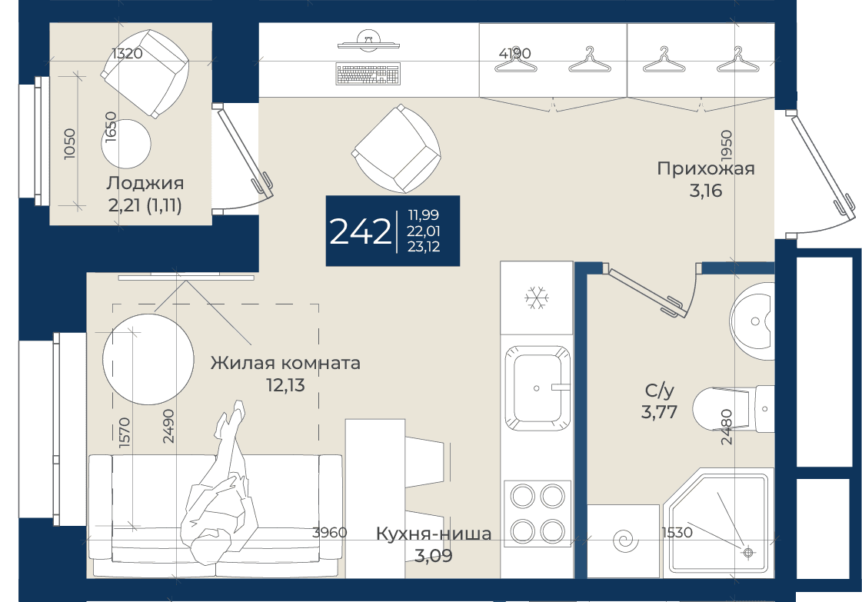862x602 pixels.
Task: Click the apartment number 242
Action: [360, 231]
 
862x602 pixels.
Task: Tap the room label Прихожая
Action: [706, 168]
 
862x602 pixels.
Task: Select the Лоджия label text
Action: [145, 182]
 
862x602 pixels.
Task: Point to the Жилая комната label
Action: [285, 363]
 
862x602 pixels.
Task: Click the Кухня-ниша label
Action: [434, 534]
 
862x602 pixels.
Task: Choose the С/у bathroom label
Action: [659, 391]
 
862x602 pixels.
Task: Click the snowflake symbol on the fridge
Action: [537, 298]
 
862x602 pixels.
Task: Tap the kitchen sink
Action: [537, 388]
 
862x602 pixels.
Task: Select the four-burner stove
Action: [537, 514]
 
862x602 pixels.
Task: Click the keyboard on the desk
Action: [368, 75]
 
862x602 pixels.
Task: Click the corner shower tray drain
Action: [747, 551]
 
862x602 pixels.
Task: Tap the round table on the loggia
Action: [126, 144]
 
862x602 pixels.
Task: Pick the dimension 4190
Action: [515, 53]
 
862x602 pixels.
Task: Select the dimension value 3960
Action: [329, 532]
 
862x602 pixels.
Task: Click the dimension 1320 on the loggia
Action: [127, 53]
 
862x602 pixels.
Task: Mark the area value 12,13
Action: [285, 385]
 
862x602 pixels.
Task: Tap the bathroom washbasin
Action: [751, 321]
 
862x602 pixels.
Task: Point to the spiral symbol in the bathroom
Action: [624, 541]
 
